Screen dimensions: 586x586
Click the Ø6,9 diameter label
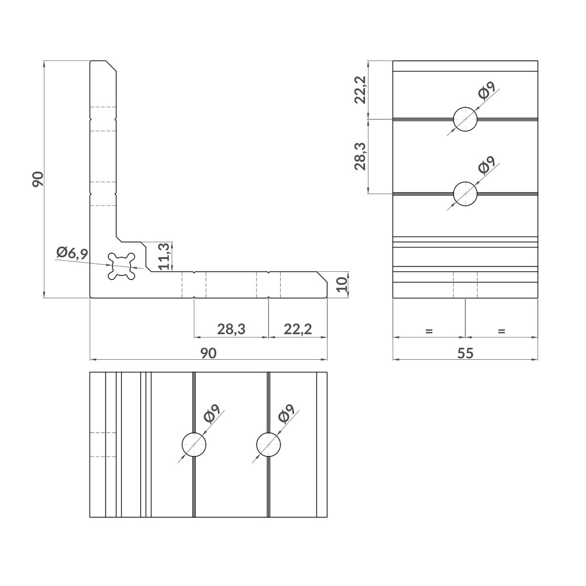72,253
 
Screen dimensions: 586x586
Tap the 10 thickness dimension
343,285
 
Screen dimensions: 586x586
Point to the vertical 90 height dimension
38,179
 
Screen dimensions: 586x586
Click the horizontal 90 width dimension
209,353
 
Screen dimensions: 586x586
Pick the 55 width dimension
465,353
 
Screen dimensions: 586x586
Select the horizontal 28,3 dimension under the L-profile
231,329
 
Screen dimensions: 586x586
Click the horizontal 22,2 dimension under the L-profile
297,329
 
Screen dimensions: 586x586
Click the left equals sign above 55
428,331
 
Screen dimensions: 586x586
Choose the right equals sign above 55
501,331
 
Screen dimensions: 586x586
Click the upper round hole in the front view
465,120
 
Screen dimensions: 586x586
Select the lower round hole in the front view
465,193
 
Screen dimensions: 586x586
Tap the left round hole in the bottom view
193,445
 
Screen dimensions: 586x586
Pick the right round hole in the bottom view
268,445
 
